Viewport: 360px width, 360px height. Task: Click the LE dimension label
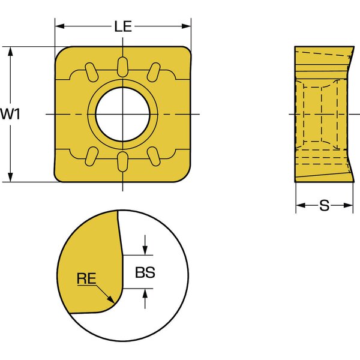pos(123,26)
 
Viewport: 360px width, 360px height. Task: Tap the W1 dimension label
pos(10,114)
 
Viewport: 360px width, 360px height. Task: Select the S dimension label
pos(324,205)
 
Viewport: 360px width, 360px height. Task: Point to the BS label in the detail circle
pos(145,272)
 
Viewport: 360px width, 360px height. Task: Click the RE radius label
pos(86,278)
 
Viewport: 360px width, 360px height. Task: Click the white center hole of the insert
pos(122,114)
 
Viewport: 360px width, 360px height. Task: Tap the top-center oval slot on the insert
pos(122,67)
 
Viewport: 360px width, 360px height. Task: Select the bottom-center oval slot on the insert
pos(122,161)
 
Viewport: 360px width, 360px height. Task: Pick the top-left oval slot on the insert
pos(92,72)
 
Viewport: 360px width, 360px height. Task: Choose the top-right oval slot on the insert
pos(154,72)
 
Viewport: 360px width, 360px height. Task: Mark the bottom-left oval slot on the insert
pos(92,157)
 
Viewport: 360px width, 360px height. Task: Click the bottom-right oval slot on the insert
pos(154,157)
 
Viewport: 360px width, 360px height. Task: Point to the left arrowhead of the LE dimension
pos(60,26)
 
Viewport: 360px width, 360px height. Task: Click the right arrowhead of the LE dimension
pos(186,26)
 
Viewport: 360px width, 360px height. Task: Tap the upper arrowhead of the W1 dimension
pos(10,52)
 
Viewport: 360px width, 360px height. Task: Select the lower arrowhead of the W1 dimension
pos(10,177)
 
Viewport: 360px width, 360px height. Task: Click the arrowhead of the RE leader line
pos(111,299)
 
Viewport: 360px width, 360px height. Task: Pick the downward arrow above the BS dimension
pos(145,245)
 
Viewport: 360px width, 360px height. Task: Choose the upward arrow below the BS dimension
pos(145,298)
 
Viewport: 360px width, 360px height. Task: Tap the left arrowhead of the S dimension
pos(301,205)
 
